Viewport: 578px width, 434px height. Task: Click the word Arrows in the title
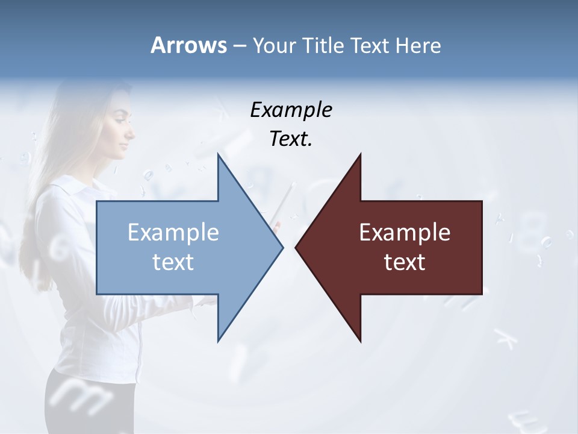click(x=188, y=45)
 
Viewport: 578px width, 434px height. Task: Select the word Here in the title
click(x=418, y=46)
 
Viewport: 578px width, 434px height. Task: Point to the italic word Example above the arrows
click(x=291, y=110)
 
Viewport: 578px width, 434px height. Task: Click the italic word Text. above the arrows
click(x=291, y=139)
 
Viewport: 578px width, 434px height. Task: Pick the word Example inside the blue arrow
click(x=173, y=233)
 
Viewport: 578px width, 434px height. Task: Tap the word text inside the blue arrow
click(x=173, y=262)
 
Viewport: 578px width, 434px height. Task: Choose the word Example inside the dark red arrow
click(x=405, y=233)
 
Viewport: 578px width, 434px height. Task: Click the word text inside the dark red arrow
click(x=405, y=262)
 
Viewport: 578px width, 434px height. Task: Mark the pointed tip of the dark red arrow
click(x=296, y=247)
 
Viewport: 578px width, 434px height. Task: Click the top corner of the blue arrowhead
click(x=218, y=155)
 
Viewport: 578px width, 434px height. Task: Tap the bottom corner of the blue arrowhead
click(x=218, y=341)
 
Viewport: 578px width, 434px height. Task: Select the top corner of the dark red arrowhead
click(x=360, y=155)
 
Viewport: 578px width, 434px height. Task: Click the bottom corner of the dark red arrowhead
click(x=360, y=341)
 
